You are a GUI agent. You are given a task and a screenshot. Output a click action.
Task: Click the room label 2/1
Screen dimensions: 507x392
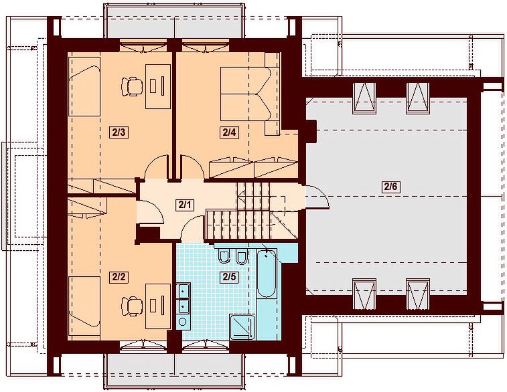185,205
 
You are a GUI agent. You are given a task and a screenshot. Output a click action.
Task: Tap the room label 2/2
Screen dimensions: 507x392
119,277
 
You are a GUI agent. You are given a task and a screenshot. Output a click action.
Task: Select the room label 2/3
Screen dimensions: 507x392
119,132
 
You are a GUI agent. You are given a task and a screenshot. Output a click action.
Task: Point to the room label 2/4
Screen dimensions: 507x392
229,132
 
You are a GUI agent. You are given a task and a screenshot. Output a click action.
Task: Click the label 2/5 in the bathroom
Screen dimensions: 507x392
229,277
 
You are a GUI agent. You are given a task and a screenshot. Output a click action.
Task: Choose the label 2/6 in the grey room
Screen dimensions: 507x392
391,187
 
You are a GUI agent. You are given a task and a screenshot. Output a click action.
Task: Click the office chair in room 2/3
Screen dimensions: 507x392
132,86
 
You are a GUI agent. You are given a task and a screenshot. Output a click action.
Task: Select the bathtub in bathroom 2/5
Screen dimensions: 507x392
267,273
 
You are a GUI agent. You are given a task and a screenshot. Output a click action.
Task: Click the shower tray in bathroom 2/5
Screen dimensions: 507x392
242,327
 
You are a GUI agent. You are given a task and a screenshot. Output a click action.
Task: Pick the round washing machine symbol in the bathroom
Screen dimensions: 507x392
183,322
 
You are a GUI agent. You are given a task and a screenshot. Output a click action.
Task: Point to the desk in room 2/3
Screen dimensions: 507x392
158,86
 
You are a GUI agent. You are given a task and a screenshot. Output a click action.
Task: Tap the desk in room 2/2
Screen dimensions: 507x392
158,306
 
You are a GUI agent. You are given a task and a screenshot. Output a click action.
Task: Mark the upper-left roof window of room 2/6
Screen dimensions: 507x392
364,98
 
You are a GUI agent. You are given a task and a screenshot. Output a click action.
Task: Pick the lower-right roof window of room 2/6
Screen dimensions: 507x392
418,294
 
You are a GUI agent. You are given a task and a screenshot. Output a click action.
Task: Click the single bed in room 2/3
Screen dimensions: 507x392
84,86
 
